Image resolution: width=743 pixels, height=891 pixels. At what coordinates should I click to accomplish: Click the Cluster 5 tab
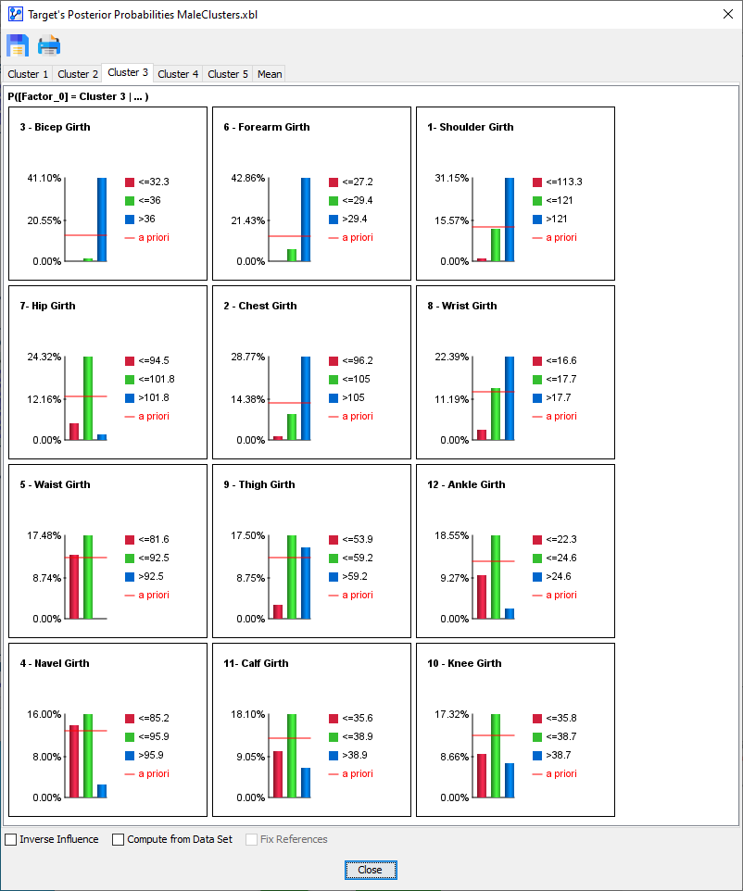click(227, 74)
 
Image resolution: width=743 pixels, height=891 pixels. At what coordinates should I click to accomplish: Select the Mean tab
click(270, 74)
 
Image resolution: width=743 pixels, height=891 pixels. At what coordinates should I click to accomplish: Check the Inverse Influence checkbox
click(11, 840)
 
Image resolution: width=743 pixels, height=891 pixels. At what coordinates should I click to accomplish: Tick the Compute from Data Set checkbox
click(119, 840)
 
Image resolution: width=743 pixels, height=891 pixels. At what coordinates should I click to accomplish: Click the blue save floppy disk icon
click(18, 45)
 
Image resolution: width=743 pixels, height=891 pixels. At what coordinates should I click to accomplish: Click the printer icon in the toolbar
click(49, 45)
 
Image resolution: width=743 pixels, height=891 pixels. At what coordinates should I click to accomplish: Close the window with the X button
click(727, 14)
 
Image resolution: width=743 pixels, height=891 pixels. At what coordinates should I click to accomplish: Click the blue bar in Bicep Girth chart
click(102, 220)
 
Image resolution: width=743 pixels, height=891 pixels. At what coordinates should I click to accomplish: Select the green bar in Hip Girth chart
click(88, 398)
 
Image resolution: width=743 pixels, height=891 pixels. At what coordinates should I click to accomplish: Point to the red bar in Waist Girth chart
click(74, 586)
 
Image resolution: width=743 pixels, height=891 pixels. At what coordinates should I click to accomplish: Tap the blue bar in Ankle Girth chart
click(510, 613)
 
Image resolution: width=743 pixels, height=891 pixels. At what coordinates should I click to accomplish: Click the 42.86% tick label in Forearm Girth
click(248, 178)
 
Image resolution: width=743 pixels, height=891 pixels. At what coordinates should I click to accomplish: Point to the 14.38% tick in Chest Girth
click(248, 399)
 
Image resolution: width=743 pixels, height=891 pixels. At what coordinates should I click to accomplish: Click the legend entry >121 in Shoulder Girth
click(557, 220)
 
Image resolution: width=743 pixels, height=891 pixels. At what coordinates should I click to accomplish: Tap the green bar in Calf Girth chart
click(292, 756)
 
